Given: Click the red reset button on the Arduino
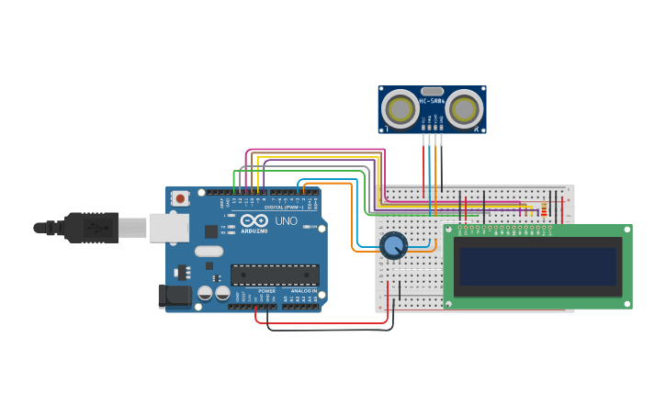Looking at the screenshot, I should point(181,197).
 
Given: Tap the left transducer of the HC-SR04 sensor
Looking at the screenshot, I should point(401,109).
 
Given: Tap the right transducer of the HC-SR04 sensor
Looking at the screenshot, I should point(464,109).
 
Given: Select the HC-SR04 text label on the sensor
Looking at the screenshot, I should point(432,101).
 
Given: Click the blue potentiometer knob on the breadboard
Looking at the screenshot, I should point(393,245).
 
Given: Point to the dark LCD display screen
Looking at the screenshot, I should point(537,266).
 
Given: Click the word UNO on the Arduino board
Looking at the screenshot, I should point(286,221).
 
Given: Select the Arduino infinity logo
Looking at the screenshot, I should point(252,220).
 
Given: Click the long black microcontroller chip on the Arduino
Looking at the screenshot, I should point(275,274).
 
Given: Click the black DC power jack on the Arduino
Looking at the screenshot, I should point(174,296).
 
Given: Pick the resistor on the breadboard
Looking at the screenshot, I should point(543,210).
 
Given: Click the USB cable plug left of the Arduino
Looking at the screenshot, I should point(92,227).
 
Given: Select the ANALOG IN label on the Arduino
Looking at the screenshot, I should point(303,291).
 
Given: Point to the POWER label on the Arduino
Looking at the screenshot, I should point(266,291).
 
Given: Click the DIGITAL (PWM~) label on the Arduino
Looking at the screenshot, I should point(279,208).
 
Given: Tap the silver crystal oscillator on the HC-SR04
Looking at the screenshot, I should point(432,90).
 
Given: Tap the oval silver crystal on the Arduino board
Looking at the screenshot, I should point(209,251).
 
